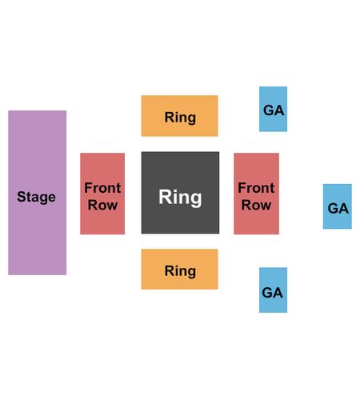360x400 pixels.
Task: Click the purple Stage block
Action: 38,193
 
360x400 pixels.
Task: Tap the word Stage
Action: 36,198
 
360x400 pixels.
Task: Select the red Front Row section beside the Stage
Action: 102,194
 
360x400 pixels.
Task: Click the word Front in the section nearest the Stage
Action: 102,188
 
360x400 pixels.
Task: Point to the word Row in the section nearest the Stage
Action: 102,205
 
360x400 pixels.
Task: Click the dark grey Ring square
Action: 180,193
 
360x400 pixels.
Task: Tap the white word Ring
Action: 180,198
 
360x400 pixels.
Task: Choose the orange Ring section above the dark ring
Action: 179,116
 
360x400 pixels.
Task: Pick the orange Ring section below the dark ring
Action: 179,269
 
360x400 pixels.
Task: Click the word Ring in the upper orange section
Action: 180,118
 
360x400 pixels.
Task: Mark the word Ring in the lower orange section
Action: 180,271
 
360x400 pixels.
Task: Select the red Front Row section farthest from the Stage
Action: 256,194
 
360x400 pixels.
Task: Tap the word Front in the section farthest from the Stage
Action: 256,188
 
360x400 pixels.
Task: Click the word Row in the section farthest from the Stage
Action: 256,205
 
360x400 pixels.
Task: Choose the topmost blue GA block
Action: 273,109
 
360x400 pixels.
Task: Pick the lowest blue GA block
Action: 273,290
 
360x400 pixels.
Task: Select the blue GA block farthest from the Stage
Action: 338,206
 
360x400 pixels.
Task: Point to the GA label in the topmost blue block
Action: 274,110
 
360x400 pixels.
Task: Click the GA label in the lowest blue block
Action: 272,293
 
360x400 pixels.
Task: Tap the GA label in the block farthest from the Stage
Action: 338,208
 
